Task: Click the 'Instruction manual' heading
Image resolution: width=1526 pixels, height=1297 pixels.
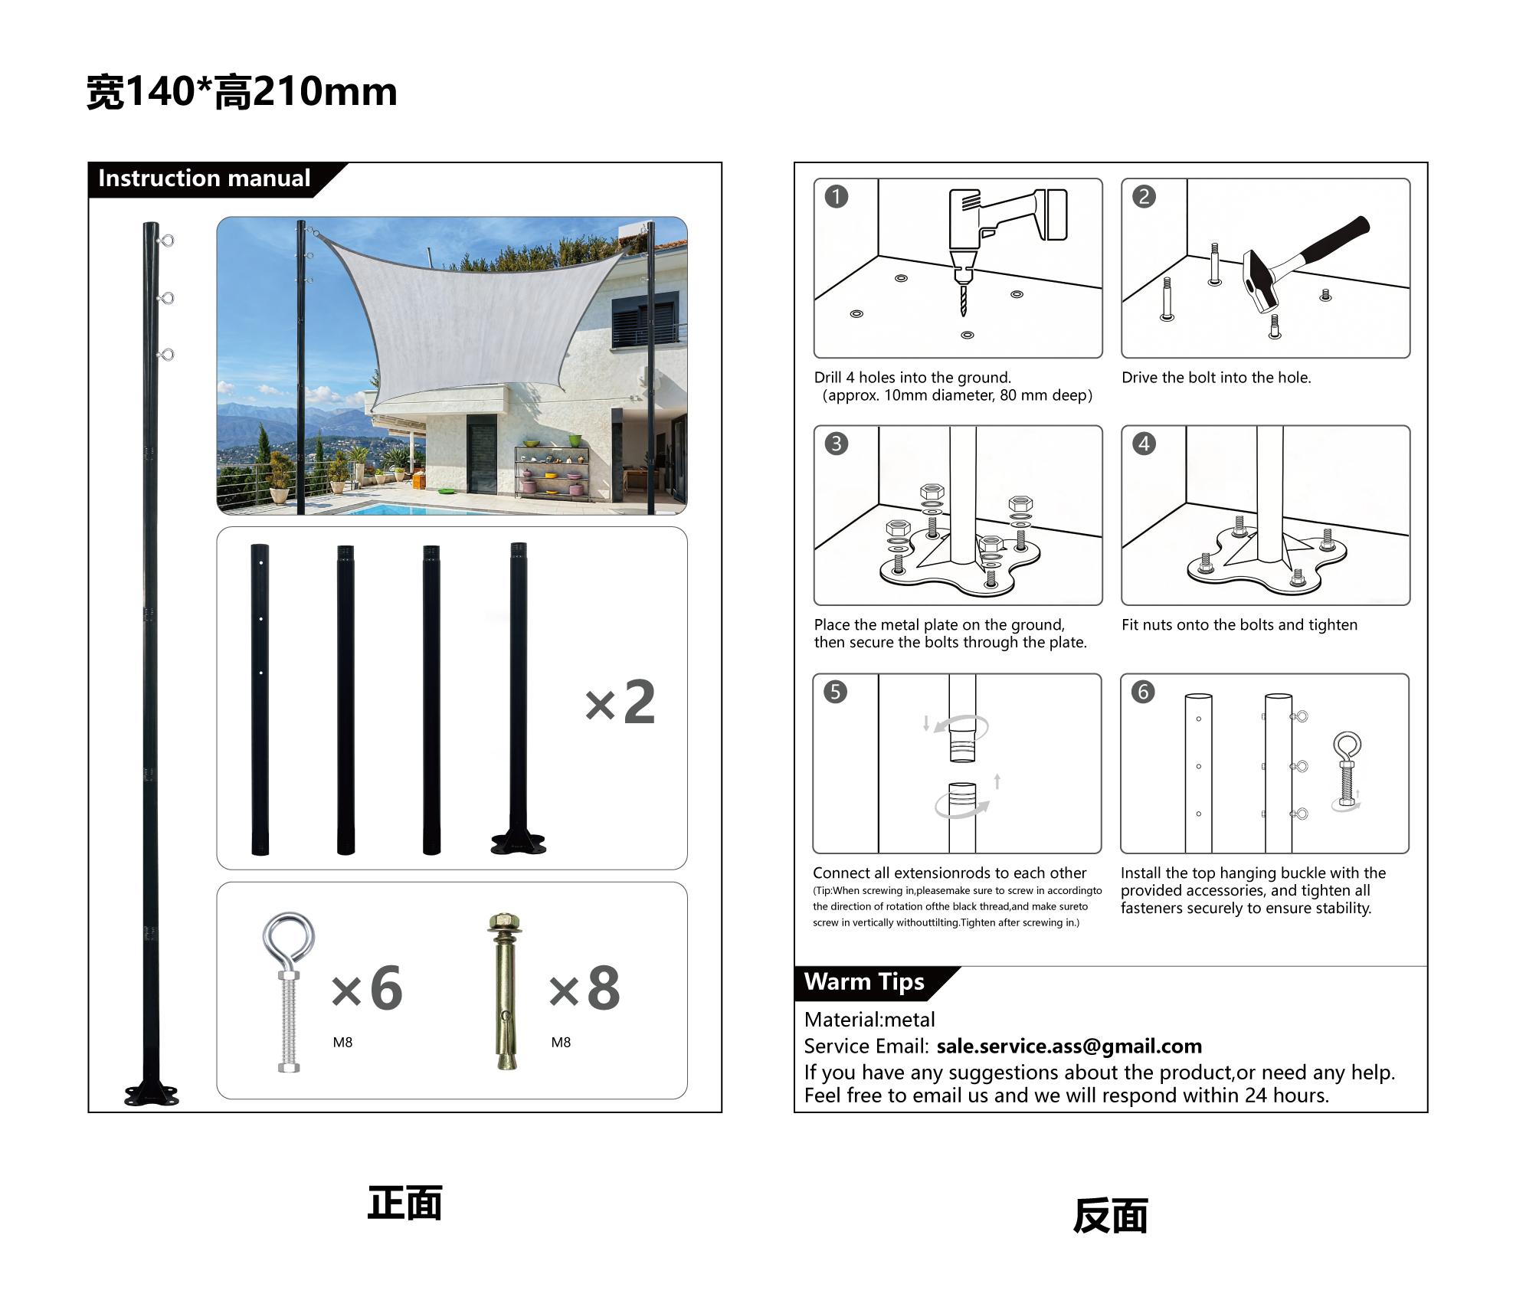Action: tap(204, 179)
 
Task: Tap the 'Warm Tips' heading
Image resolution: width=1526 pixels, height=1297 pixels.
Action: tap(863, 982)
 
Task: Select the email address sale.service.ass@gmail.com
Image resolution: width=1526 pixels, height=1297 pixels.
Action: tap(1069, 1046)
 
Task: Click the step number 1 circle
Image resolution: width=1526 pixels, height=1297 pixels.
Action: tap(836, 197)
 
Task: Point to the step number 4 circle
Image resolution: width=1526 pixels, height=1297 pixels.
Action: tap(1144, 444)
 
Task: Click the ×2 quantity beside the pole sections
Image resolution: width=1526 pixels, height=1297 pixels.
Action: tap(620, 703)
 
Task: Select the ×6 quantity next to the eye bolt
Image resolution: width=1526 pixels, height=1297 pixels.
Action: tap(367, 988)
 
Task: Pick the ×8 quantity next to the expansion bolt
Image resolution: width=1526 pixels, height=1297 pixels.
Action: tap(585, 988)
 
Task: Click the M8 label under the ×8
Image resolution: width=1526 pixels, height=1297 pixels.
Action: tap(561, 1043)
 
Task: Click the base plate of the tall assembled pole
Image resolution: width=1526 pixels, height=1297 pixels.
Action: tap(152, 1096)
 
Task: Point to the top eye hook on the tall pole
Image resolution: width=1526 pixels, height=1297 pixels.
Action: tap(166, 241)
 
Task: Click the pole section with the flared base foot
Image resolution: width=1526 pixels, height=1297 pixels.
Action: tap(519, 697)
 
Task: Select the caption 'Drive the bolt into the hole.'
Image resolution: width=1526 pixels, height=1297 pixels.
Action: tap(1216, 378)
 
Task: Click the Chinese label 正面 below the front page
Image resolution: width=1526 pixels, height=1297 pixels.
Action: tap(404, 1204)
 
